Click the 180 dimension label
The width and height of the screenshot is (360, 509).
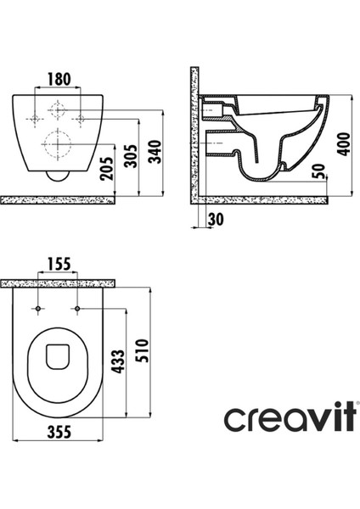pos(59,79)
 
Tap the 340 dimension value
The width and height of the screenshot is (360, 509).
pos(155,152)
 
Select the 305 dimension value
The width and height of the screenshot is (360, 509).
pos(132,156)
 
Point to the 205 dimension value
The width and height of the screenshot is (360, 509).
pos(107,169)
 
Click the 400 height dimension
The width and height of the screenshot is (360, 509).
pos(345,144)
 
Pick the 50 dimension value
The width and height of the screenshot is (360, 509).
pos(319,171)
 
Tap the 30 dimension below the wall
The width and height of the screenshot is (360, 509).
pos(216,220)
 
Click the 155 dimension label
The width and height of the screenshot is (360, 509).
pos(59,264)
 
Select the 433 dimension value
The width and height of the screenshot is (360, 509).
pos(117,361)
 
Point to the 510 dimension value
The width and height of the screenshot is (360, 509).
pos(142,350)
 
